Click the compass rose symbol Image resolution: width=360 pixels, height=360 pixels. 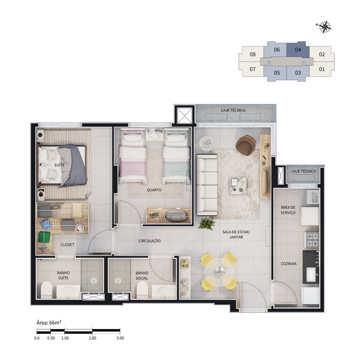(x=324, y=27)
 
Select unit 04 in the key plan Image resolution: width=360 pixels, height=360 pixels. (x=298, y=50)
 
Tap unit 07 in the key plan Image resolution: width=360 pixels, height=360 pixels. (x=252, y=69)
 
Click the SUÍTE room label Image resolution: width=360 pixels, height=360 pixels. (x=59, y=165)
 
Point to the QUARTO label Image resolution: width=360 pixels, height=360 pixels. (x=154, y=190)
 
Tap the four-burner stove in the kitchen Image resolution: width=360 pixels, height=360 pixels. (x=311, y=240)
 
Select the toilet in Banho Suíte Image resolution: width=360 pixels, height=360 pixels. (x=46, y=290)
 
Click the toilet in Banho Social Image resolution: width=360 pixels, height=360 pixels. (x=142, y=290)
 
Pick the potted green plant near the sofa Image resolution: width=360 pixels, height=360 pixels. (x=206, y=224)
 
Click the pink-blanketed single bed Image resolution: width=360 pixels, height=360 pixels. (x=133, y=156)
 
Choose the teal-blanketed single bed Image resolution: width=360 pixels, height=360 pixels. (x=176, y=156)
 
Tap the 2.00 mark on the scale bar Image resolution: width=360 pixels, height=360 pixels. (x=92, y=338)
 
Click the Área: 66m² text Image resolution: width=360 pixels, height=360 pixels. (x=49, y=323)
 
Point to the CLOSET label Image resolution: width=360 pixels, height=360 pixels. (x=68, y=245)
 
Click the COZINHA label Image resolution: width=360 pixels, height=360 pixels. (x=289, y=264)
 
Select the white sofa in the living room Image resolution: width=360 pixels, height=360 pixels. (x=207, y=185)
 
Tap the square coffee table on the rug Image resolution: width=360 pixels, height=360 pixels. (x=238, y=185)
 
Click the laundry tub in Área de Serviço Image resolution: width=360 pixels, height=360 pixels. (x=313, y=197)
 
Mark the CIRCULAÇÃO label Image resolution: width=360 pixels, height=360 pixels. (x=149, y=241)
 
